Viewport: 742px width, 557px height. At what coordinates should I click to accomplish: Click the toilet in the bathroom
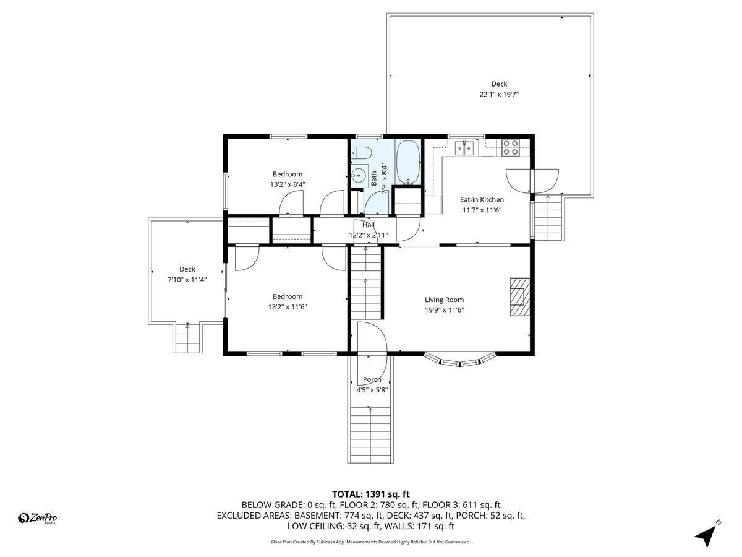click(362, 153)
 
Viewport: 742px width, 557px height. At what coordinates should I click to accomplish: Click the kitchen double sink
click(464, 147)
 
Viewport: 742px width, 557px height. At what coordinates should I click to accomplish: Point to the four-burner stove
click(510, 147)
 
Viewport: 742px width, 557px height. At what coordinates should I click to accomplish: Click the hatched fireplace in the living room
click(519, 297)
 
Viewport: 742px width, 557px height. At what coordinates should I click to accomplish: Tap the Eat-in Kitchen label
click(482, 199)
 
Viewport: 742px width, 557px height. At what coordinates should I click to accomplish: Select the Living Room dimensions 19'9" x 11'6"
click(444, 310)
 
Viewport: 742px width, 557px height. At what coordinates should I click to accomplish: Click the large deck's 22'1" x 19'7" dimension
click(498, 95)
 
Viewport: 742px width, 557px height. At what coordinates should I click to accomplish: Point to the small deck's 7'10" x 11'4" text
click(187, 280)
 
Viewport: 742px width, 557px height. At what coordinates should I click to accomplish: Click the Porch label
click(372, 379)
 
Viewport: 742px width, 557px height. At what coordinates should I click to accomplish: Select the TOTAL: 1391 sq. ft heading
click(371, 494)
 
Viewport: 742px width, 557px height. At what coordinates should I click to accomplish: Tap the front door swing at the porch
click(373, 342)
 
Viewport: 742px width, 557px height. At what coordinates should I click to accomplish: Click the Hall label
click(369, 225)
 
